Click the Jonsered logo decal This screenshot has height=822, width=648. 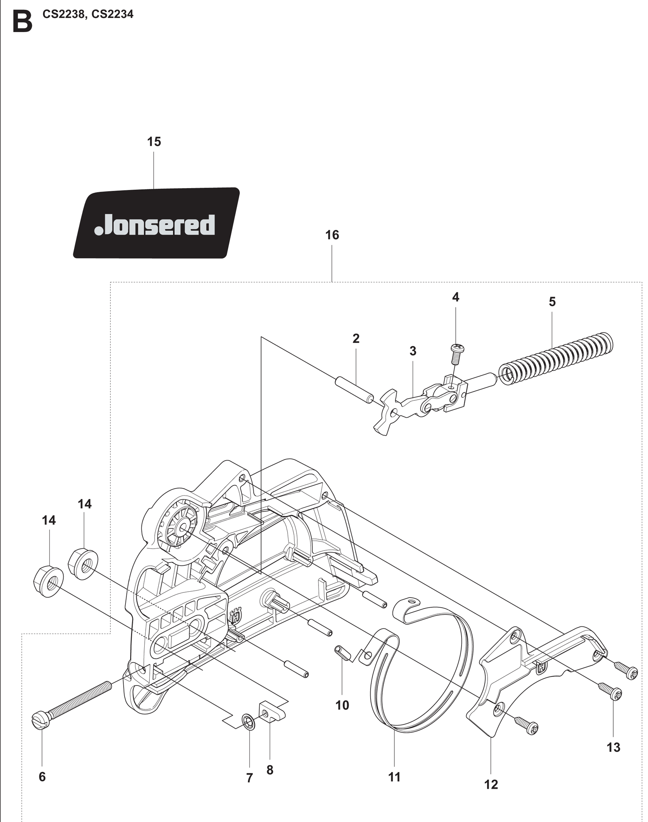[x=156, y=223]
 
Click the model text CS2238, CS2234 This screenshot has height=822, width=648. [x=88, y=14]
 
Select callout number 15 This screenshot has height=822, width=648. [x=154, y=142]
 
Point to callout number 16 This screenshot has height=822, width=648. [x=332, y=235]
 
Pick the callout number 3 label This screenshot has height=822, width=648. [x=413, y=351]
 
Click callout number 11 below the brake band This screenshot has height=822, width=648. [x=394, y=777]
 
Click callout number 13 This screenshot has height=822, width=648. [x=613, y=747]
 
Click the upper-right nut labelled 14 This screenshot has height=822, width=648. [x=83, y=564]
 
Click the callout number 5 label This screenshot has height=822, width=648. [x=552, y=302]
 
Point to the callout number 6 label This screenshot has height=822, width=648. [x=42, y=776]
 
